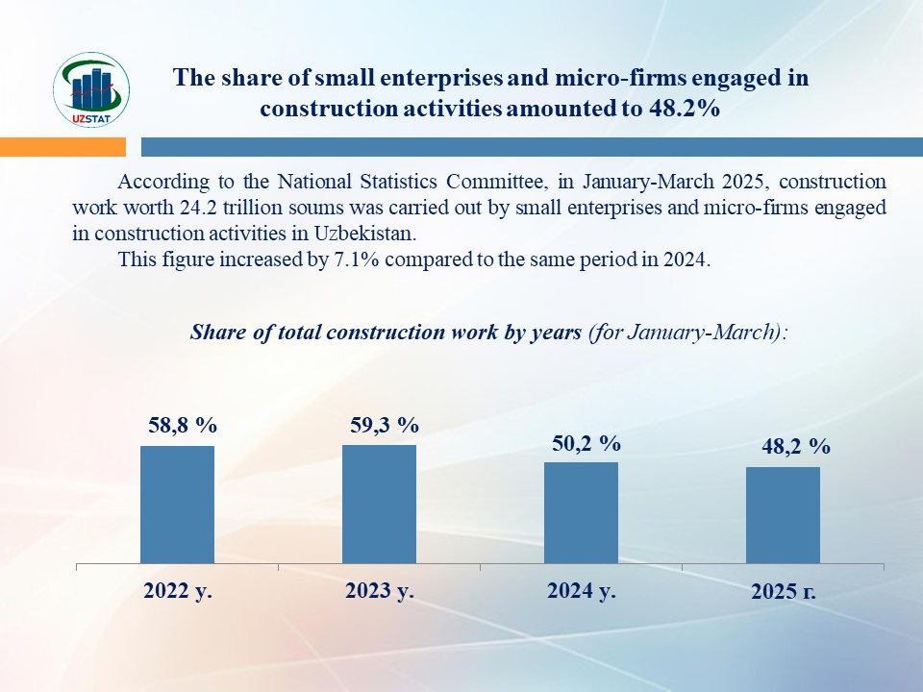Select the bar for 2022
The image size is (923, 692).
177,505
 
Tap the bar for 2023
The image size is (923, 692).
379,504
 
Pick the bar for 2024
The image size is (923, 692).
581,512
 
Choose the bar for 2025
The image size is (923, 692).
783,515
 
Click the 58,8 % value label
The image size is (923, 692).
183,426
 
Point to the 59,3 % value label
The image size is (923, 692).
385,425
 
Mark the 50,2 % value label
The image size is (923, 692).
586,443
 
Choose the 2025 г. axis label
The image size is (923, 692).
784,593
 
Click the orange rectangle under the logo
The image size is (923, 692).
62,147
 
